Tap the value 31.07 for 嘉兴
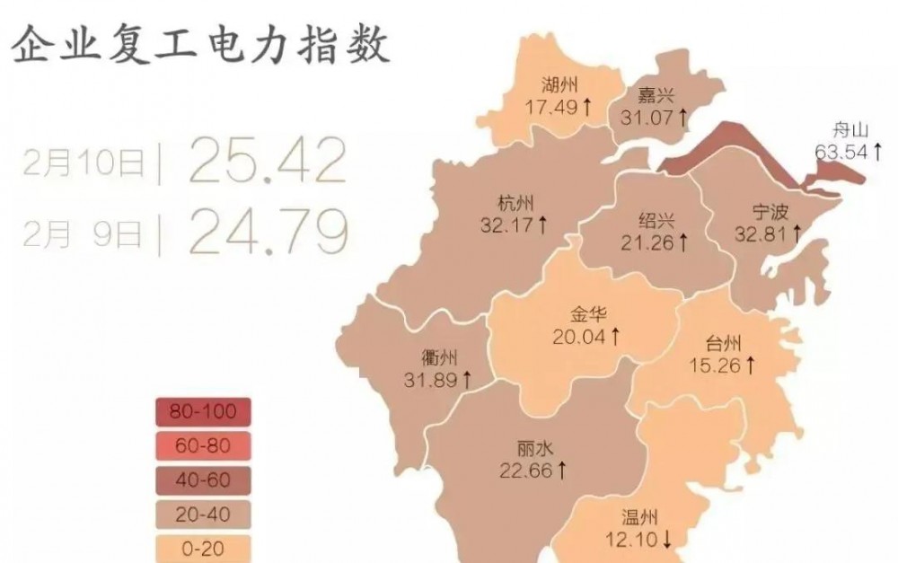[x=647, y=117]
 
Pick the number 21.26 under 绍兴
[x=647, y=242]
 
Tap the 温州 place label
[x=640, y=517]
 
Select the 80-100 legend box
[x=201, y=412]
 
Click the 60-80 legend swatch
[x=201, y=445]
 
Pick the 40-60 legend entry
[x=201, y=479]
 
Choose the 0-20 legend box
[x=201, y=547]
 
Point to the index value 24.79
[x=267, y=231]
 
